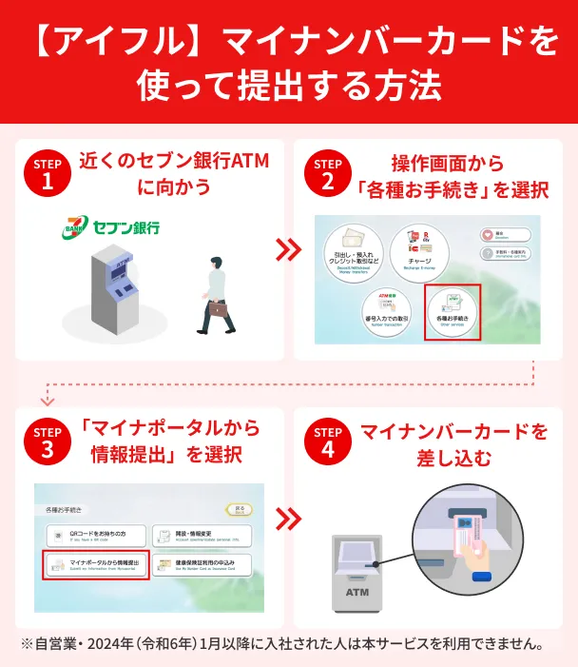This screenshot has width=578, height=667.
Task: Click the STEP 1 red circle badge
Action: point(48,175)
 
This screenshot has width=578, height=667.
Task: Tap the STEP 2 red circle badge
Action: point(327,175)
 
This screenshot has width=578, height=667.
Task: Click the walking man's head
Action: point(220,262)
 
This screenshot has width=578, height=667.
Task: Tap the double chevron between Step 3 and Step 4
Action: point(288,519)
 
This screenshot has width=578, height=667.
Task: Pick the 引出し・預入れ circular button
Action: point(354,249)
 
